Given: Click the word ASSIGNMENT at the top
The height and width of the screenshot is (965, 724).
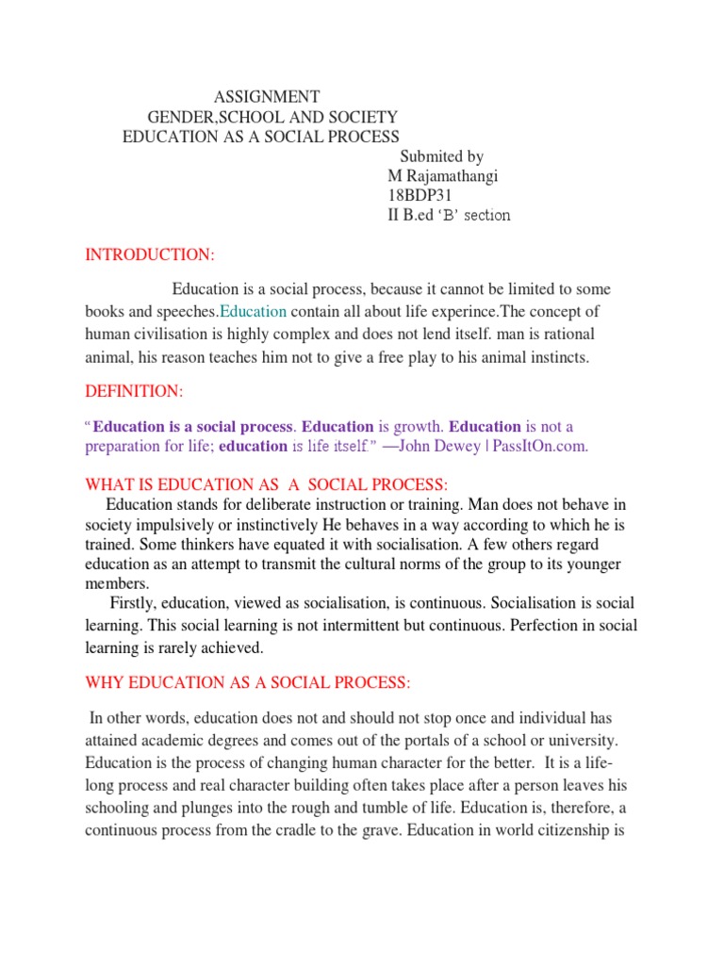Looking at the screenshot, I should click(x=267, y=97).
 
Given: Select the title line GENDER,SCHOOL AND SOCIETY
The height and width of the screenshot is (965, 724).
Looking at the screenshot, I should click(x=273, y=117).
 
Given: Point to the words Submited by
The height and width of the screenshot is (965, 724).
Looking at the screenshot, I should click(x=441, y=156).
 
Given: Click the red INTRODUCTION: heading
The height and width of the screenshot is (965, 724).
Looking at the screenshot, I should click(x=150, y=255).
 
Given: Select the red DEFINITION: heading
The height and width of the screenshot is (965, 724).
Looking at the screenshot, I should click(x=135, y=390).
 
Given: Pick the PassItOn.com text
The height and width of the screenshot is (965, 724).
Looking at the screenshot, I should click(x=540, y=447).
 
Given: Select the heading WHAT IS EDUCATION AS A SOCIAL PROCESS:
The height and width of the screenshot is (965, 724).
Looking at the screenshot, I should click(x=267, y=484).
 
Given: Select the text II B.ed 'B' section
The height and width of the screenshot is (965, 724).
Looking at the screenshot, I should click(x=449, y=215).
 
